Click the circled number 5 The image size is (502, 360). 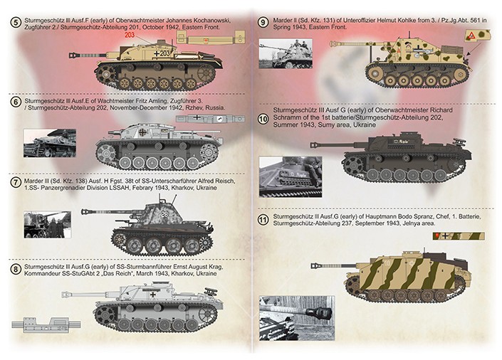15,23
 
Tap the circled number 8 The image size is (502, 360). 15,269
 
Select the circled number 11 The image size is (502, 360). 263,220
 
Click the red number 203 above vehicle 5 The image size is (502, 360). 130,35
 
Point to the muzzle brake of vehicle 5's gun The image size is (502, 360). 73,55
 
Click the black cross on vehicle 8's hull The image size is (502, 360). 153,295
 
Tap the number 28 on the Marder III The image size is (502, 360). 164,214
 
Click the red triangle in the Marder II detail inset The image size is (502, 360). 471,36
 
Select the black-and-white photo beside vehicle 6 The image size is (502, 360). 50,143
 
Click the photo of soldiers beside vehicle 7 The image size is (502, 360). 48,224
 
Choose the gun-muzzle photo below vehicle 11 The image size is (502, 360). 296,319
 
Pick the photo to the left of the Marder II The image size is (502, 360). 286,53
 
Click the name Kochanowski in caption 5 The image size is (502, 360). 213,21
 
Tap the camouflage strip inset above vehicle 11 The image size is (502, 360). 459,236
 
